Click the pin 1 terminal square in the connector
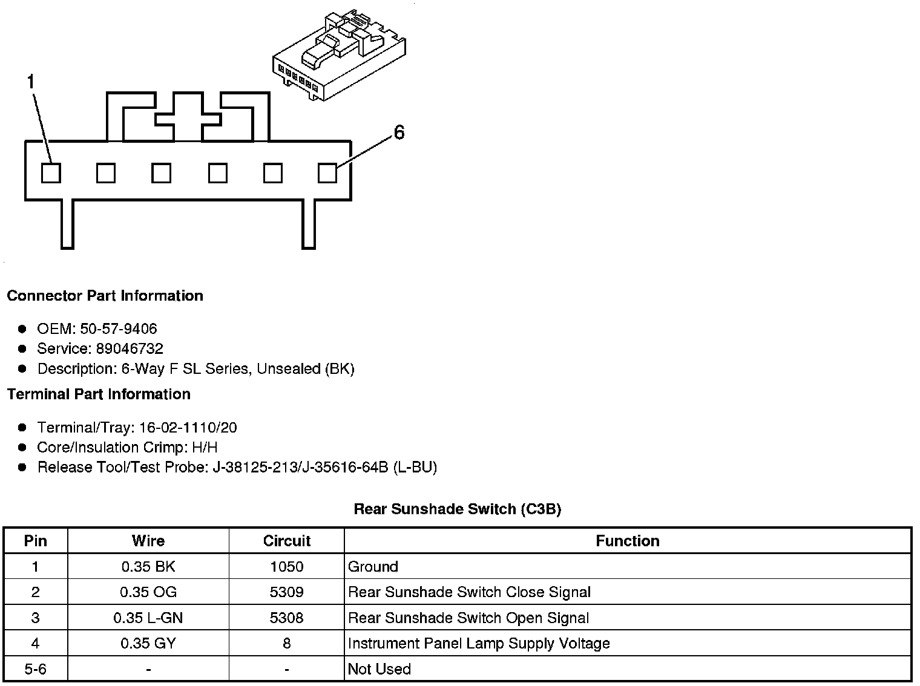[x=51, y=174]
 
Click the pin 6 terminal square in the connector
[x=327, y=174]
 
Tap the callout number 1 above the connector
[x=31, y=82]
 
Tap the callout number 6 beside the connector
[x=399, y=132]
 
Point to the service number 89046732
[x=130, y=349]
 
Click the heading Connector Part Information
[x=105, y=296]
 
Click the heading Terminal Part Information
[x=99, y=394]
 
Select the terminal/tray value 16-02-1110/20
[x=188, y=428]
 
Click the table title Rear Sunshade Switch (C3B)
[x=457, y=509]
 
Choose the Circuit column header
[x=286, y=541]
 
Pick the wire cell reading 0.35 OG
[x=148, y=592]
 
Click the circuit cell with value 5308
[x=286, y=618]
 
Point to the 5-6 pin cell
[x=35, y=669]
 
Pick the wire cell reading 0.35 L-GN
[x=148, y=618]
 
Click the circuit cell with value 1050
[x=286, y=567]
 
